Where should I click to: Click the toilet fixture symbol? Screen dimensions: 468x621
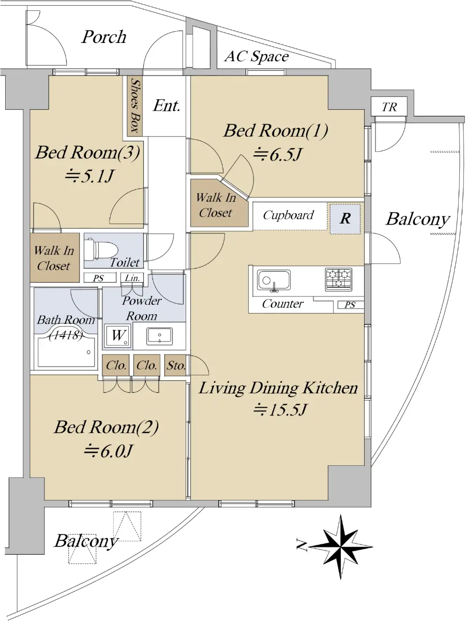click(101, 248)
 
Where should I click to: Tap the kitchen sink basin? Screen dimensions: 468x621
click(274, 280)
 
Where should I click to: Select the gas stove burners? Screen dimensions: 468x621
click(338, 279)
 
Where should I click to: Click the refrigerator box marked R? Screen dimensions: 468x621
click(345, 219)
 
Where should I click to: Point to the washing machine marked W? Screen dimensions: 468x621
click(117, 336)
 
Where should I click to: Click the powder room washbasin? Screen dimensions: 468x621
click(159, 336)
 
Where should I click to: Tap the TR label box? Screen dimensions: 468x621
click(389, 107)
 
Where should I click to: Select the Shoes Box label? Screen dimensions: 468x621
click(135, 106)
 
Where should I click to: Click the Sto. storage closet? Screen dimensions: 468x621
click(175, 365)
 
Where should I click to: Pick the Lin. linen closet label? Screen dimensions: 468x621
click(132, 278)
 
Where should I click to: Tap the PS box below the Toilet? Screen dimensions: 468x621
click(98, 278)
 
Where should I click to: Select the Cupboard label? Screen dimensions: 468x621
click(288, 215)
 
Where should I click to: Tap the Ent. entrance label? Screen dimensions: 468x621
click(167, 106)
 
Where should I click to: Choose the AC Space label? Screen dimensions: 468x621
click(256, 56)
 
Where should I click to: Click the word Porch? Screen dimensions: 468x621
click(104, 37)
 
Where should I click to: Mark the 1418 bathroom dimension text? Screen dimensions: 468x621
click(66, 335)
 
